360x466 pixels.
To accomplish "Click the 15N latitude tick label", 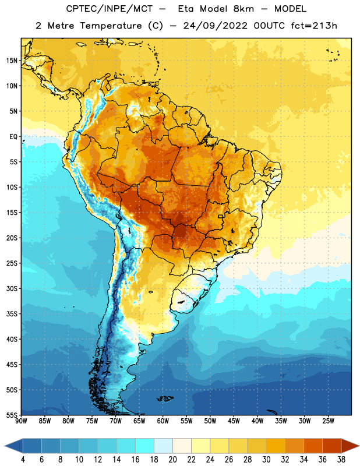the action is pyautogui.click(x=12, y=61).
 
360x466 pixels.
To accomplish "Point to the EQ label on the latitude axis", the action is pyautogui.click(x=13, y=137).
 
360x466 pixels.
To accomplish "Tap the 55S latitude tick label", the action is pyautogui.click(x=12, y=415).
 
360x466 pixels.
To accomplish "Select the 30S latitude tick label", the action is pyautogui.click(x=12, y=288).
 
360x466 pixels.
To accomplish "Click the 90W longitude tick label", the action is pyautogui.click(x=22, y=421).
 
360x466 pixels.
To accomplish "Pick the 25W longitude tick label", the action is pyautogui.click(x=328, y=421).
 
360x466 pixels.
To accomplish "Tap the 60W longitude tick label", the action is pyautogui.click(x=163, y=421).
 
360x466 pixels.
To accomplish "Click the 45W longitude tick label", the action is pyautogui.click(x=234, y=421).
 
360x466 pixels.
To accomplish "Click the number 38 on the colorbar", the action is pyautogui.click(x=341, y=460).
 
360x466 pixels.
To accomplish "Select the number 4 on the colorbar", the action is pyautogui.click(x=23, y=460).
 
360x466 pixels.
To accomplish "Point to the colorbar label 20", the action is pyautogui.click(x=172, y=460).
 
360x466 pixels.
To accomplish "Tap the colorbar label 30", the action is pyautogui.click(x=266, y=460).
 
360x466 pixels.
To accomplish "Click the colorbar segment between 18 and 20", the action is pyautogui.click(x=164, y=446).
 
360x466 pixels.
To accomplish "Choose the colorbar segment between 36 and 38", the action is pyautogui.click(x=332, y=446).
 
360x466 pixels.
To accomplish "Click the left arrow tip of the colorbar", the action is pyautogui.click(x=5, y=446).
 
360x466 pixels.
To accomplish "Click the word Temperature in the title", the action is pyautogui.click(x=111, y=26).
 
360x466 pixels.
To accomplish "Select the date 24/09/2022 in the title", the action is pyautogui.click(x=215, y=26).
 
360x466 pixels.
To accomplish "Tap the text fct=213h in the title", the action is pyautogui.click(x=314, y=26).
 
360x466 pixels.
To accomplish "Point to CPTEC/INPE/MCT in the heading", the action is pyautogui.click(x=110, y=9).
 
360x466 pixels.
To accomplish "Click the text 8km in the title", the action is pyautogui.click(x=243, y=9).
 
